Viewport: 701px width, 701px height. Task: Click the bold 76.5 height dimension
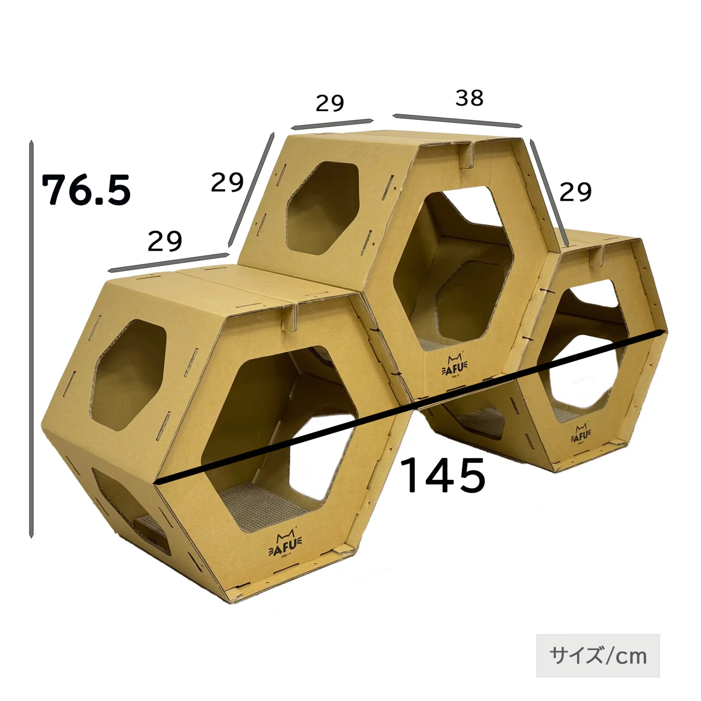pyautogui.click(x=86, y=190)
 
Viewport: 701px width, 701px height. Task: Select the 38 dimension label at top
pyautogui.click(x=469, y=98)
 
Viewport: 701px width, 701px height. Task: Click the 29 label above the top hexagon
pyautogui.click(x=329, y=103)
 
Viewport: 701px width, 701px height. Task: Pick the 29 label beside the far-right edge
pyautogui.click(x=575, y=192)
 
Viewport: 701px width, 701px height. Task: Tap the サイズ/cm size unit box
pyautogui.click(x=598, y=655)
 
